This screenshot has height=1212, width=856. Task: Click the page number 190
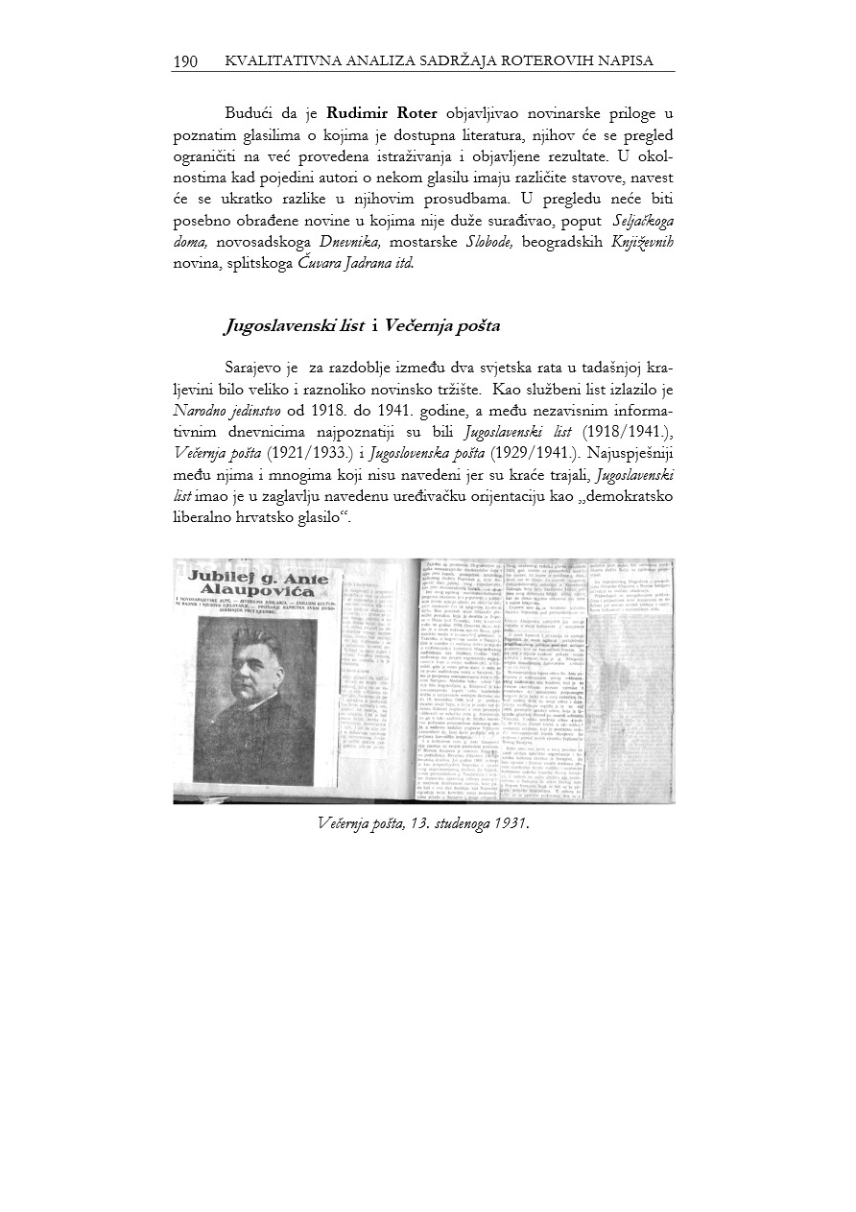pos(185,61)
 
